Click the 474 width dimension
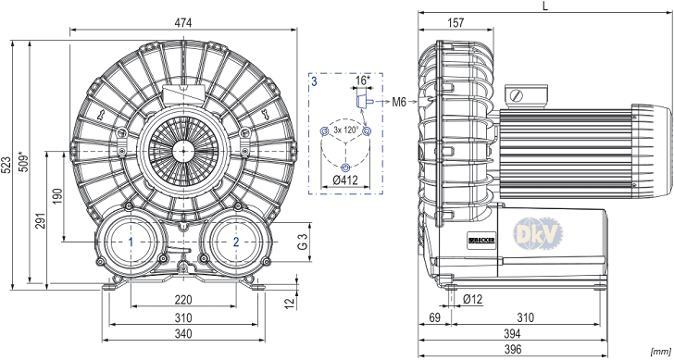183,23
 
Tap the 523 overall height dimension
6,165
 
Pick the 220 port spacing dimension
183,300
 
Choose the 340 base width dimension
183,333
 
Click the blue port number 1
131,242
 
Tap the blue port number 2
236,242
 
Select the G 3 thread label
303,242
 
